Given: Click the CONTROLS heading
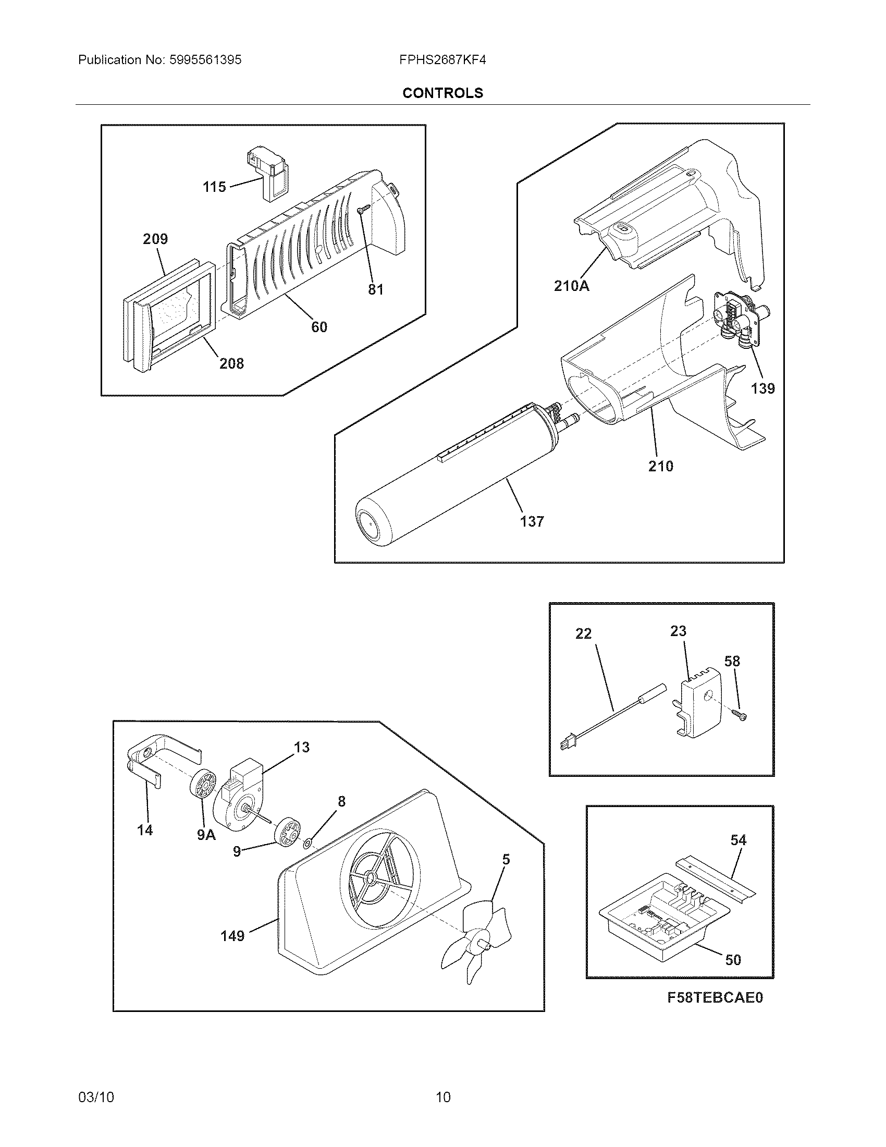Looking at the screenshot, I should coord(442,93).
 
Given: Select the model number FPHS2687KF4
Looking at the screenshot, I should coord(442,60).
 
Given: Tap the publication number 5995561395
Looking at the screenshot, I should coord(205,60).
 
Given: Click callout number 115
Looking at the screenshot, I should coord(214,187).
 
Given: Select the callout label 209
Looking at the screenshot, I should coord(155,239).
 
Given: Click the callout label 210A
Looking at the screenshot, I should coord(572,286).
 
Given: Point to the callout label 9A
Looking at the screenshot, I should coord(206,835).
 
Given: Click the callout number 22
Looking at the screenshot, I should coord(583,634).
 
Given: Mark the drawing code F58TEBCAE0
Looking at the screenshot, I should coord(715,1012).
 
